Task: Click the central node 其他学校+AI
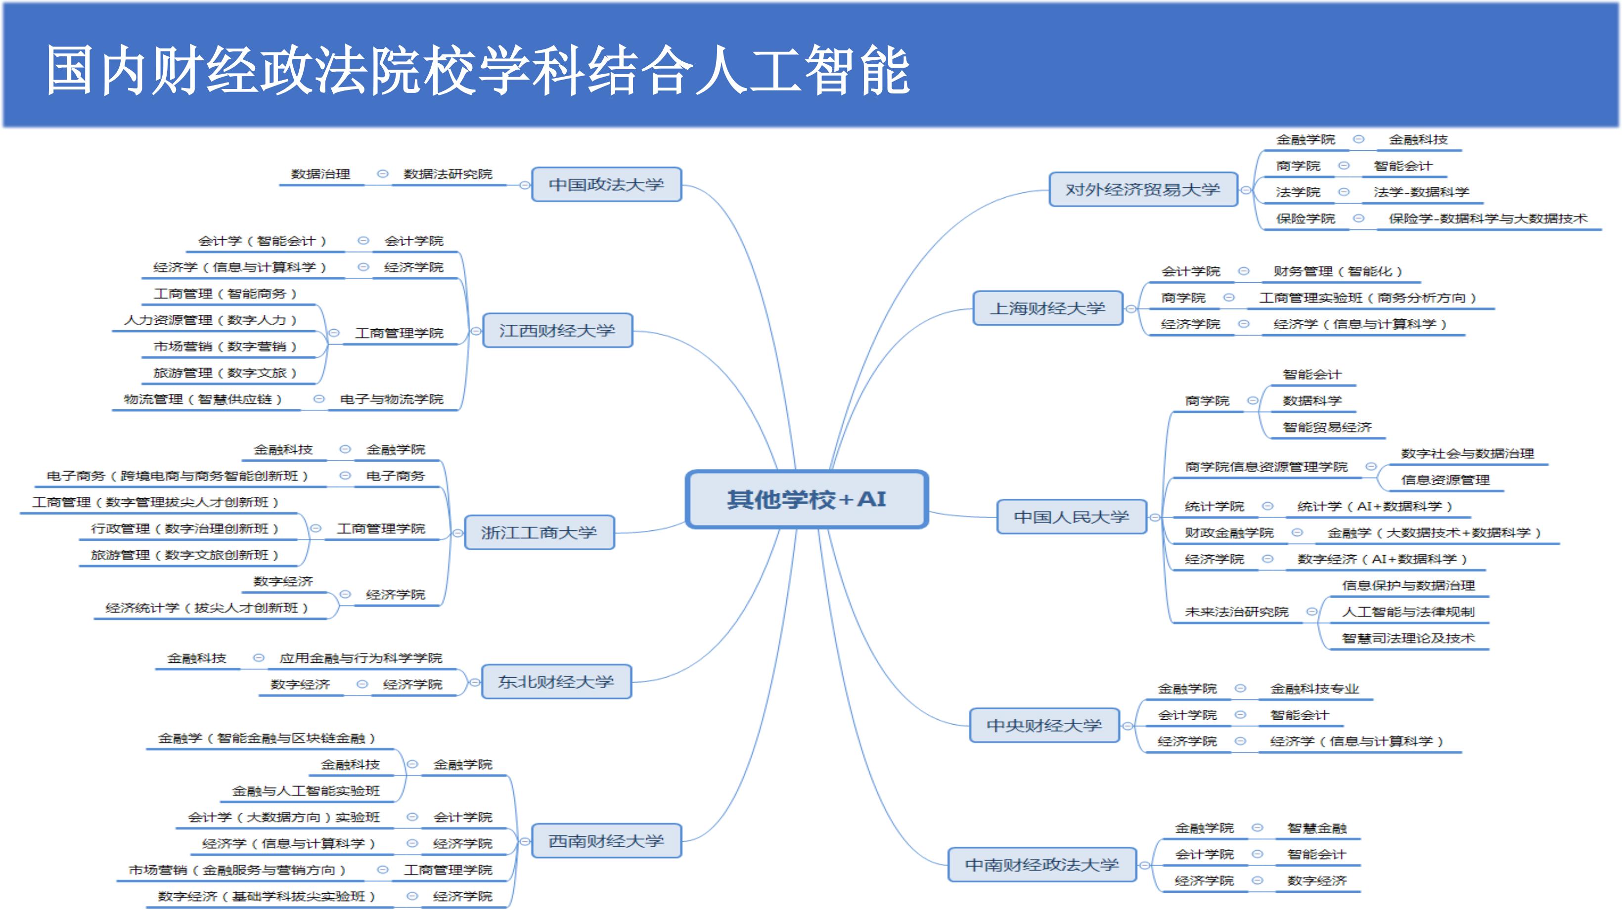click(x=807, y=499)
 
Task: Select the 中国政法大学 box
click(x=606, y=184)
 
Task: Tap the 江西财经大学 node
click(x=557, y=330)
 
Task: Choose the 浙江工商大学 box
click(x=539, y=532)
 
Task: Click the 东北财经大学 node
click(x=556, y=682)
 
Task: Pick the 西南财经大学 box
click(x=606, y=841)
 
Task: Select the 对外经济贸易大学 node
click(x=1143, y=189)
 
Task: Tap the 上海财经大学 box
click(x=1048, y=308)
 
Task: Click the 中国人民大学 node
click(x=1072, y=517)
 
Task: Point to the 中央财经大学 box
click(x=1044, y=726)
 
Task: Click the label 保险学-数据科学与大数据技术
click(x=1488, y=218)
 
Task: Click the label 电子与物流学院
click(x=392, y=399)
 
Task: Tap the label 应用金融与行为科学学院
click(x=361, y=658)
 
